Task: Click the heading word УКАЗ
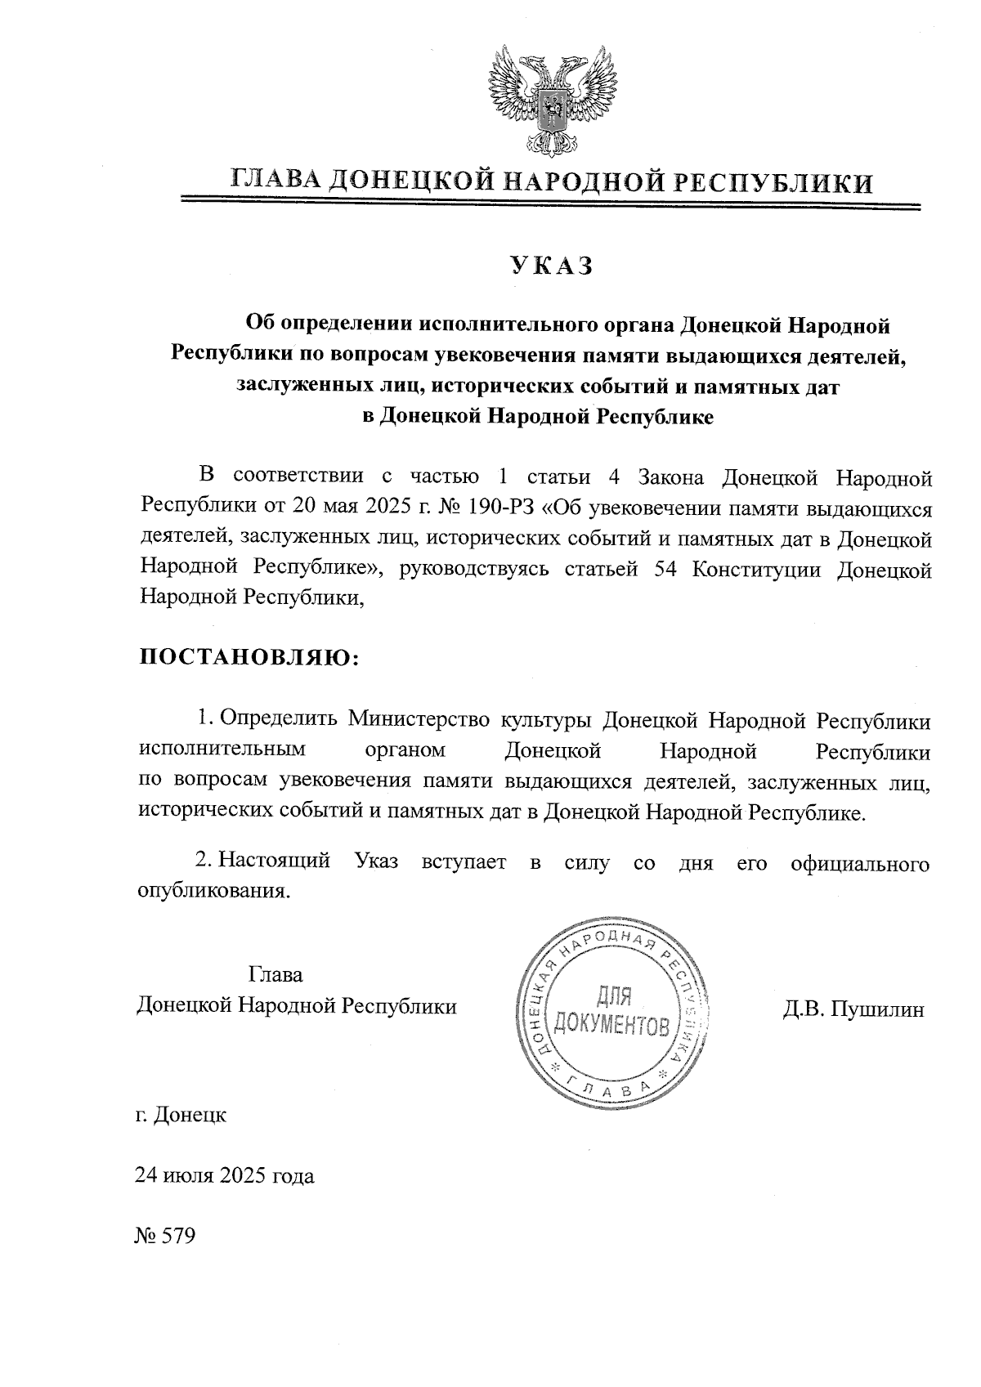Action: coord(550,266)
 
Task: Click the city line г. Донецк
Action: coord(181,1114)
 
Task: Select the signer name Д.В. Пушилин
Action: coord(853,1009)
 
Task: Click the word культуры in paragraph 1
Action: coord(547,720)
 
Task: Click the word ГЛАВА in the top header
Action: coord(276,181)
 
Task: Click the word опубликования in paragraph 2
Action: coord(214,891)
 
